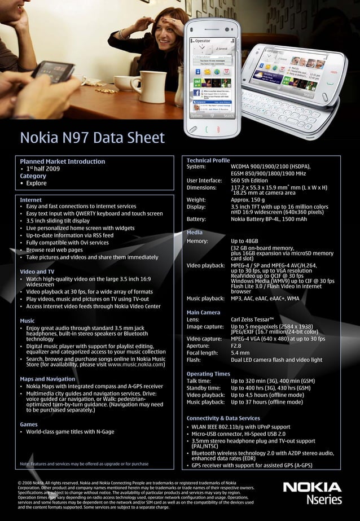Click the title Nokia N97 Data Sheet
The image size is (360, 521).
click(x=92, y=138)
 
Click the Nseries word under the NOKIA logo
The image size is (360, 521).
click(x=324, y=500)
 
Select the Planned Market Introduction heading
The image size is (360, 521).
click(x=62, y=161)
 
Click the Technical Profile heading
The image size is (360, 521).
click(x=208, y=160)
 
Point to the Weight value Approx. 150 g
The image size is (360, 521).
click(x=248, y=199)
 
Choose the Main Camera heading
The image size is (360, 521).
click(x=203, y=312)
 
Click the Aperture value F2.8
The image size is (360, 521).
click(x=237, y=345)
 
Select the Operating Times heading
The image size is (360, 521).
click(x=208, y=374)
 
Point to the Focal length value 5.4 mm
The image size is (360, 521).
click(x=241, y=352)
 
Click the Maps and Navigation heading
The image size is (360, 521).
click(x=47, y=379)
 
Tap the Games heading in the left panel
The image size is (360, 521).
click(x=29, y=424)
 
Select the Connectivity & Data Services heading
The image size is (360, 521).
click(x=223, y=418)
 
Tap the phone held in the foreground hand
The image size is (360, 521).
click(x=52, y=71)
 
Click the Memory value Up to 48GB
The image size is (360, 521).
click(x=244, y=241)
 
